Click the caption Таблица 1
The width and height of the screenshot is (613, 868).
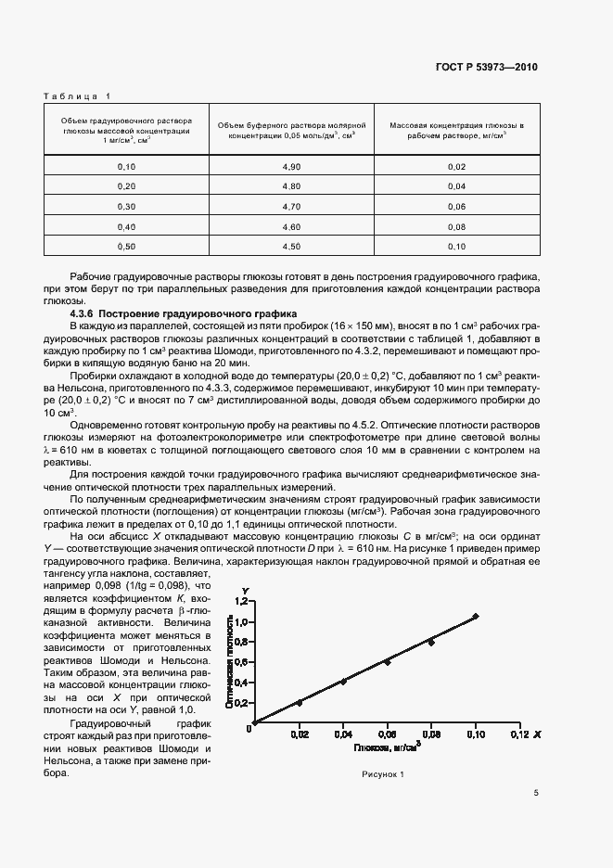(x=77, y=96)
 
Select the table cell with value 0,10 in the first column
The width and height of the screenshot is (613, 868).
(x=126, y=166)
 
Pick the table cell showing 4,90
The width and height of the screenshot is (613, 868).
(x=292, y=166)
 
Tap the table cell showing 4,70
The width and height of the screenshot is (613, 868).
(x=292, y=206)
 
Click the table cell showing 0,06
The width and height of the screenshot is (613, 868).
(x=456, y=206)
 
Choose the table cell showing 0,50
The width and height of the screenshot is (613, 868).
(x=126, y=246)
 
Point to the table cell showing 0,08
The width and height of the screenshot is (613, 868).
(x=456, y=226)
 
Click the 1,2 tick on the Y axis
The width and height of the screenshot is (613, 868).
(x=243, y=602)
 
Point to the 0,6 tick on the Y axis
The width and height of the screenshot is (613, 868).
(x=243, y=662)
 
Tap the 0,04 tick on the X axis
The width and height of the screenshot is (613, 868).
(x=343, y=734)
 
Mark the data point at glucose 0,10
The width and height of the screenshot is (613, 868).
(x=476, y=616)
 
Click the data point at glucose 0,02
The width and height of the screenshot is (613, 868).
(x=299, y=702)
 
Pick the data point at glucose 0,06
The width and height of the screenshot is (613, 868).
(x=387, y=662)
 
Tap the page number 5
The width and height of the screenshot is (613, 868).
(x=536, y=794)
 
